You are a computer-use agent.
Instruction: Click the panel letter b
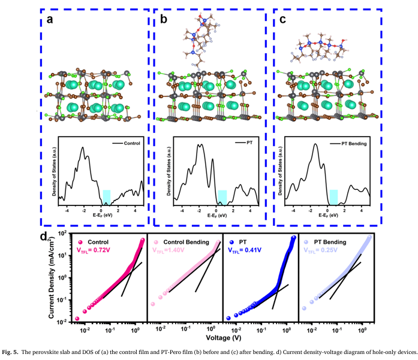coord(163,22)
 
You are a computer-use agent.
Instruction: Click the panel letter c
coord(282,22)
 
